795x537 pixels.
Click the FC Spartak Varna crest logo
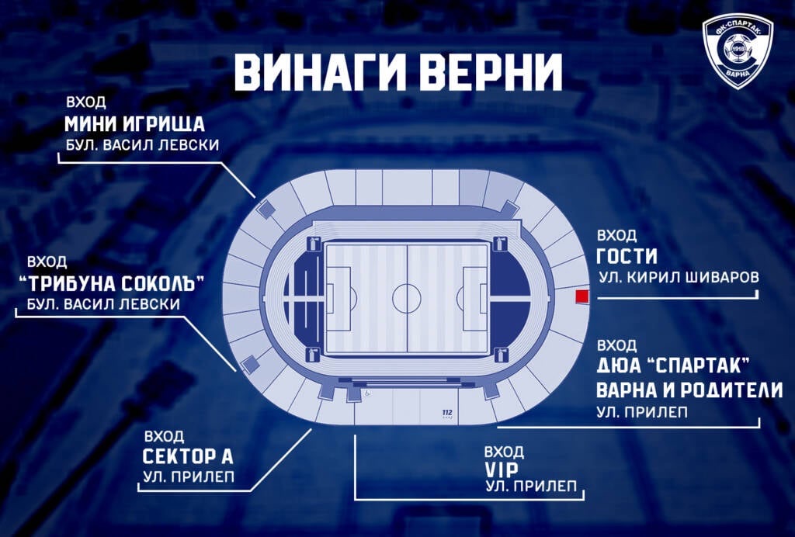[738, 52]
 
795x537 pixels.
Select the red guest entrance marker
[580, 296]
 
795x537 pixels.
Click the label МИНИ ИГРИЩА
[134, 124]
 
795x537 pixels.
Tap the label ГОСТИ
[627, 256]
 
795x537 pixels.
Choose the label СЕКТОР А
[188, 456]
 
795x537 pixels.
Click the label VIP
[501, 469]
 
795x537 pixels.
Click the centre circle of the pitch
[407, 296]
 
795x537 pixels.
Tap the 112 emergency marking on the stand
[446, 412]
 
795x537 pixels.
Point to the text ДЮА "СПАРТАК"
[675, 366]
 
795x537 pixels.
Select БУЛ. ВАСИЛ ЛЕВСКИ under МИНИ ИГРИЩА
[142, 145]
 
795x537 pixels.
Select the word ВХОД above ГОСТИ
[616, 236]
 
